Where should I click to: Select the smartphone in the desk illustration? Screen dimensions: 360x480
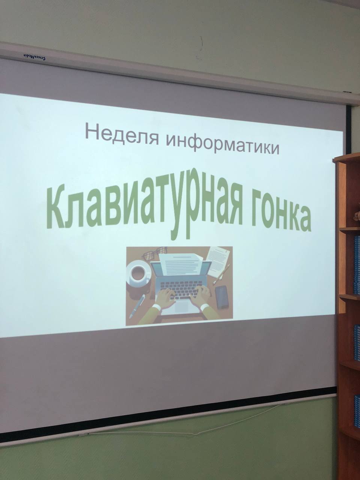(222, 297)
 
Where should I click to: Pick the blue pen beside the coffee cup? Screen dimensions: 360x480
(137, 306)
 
